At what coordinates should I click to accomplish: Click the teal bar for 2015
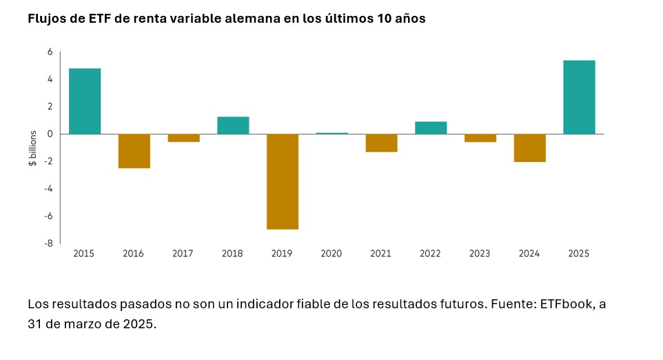[85, 101]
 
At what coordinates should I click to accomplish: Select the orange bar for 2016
[134, 151]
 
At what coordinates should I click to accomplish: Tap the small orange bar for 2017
[183, 138]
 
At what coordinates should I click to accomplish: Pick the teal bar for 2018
[233, 126]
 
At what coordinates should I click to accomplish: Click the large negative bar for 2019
[283, 181]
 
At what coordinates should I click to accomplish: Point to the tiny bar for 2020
[331, 133]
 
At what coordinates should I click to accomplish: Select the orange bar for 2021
[381, 143]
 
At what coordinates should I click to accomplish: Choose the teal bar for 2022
[431, 128]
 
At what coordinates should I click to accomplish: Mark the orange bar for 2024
[530, 148]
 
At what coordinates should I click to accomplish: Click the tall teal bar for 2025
[579, 97]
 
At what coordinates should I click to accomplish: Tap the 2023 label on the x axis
[480, 254]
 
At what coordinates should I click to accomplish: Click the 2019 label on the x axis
[282, 254]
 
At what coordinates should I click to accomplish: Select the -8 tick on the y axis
[49, 243]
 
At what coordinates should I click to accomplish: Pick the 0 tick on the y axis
[50, 134]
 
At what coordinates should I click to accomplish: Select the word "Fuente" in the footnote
[512, 303]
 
